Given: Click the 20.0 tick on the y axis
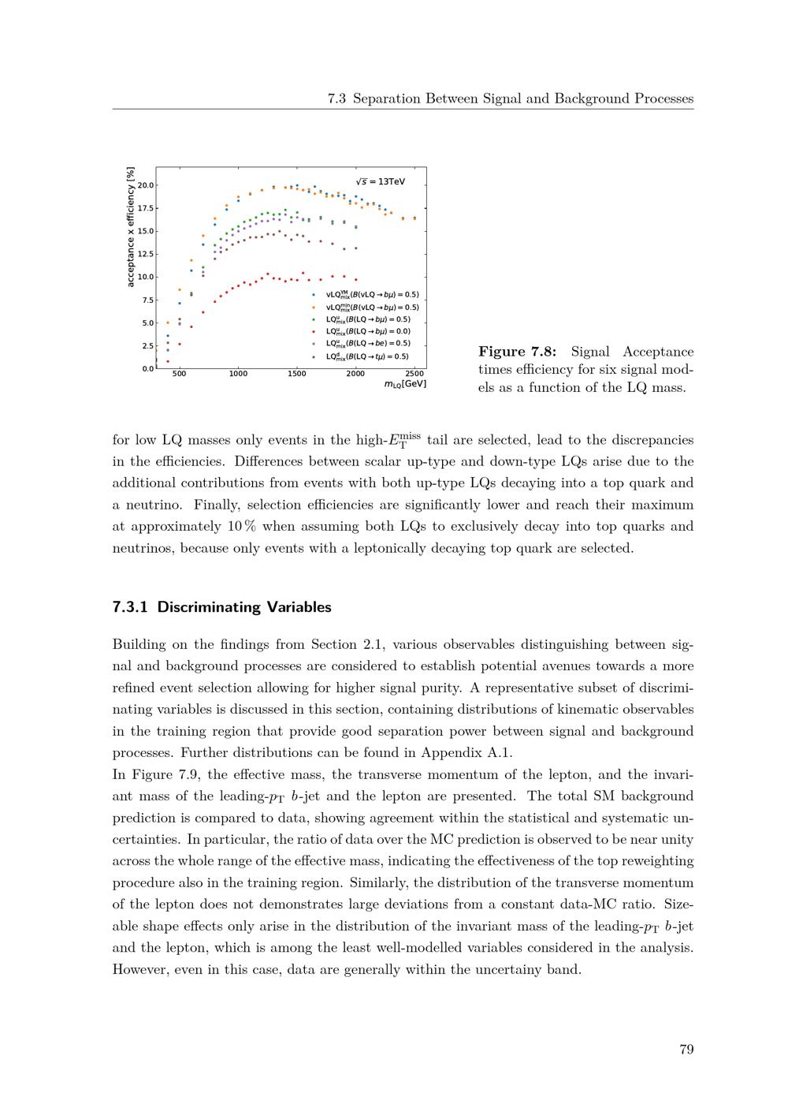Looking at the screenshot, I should [147, 185].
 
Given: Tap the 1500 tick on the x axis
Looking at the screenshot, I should [296, 374].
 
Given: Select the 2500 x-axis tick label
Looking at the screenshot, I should [414, 374].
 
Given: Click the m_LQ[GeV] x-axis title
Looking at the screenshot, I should [405, 384].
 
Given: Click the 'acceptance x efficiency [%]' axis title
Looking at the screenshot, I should [131, 227].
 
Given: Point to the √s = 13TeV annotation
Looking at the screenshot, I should [381, 181].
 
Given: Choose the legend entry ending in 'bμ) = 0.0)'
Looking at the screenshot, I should [368, 331].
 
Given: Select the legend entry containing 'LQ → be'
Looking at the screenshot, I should [368, 344].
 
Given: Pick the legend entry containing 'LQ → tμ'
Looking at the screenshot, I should [368, 356].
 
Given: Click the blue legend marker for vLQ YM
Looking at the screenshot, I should [314, 295].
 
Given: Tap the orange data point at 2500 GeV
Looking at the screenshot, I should [414, 218].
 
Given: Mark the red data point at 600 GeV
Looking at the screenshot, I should [191, 326].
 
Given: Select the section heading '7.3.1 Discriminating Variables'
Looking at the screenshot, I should [221, 607].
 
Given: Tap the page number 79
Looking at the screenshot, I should [686, 1049].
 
